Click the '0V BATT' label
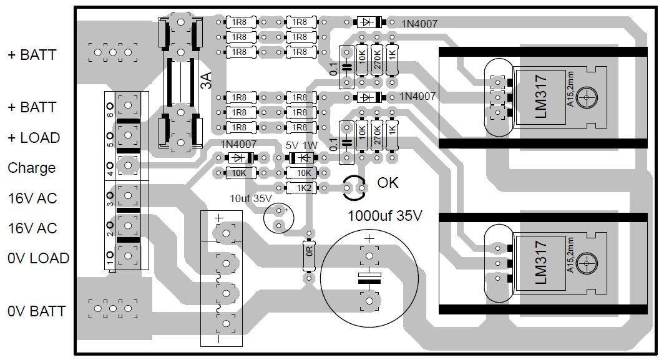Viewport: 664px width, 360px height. pyautogui.click(x=36, y=311)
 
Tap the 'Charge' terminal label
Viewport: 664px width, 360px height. pyautogui.click(x=31, y=168)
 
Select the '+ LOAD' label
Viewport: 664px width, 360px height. pyautogui.click(x=34, y=138)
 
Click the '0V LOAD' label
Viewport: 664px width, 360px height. pyautogui.click(x=38, y=258)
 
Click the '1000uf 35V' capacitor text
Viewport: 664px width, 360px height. pyautogui.click(x=385, y=216)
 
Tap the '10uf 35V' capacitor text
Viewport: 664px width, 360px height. pyautogui.click(x=251, y=198)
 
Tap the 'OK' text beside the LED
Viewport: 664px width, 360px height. pyautogui.click(x=388, y=183)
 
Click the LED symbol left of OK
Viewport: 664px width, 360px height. pyautogui.click(x=354, y=186)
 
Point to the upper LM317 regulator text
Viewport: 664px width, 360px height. pyautogui.click(x=541, y=96)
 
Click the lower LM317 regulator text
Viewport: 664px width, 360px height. pyautogui.click(x=541, y=263)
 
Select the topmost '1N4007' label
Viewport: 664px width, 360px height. pyautogui.click(x=418, y=23)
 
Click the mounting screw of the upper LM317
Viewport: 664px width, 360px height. pyautogui.click(x=587, y=97)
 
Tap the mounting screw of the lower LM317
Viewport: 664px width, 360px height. pyautogui.click(x=587, y=263)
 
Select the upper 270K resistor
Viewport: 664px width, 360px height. pyautogui.click(x=376, y=60)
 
